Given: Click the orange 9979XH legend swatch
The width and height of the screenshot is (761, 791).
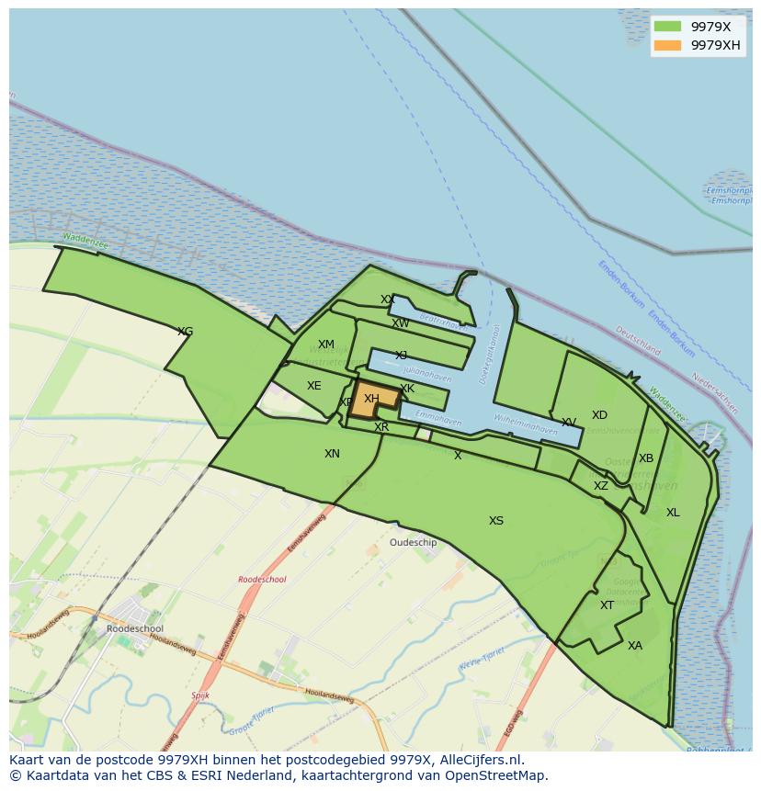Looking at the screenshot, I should pyautogui.click(x=668, y=45).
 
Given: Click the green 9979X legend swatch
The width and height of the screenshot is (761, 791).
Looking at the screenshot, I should pyautogui.click(x=668, y=27).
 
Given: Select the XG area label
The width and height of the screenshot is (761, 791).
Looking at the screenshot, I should pyautogui.click(x=185, y=332).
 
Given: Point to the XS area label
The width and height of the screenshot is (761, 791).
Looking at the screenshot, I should pyautogui.click(x=496, y=521).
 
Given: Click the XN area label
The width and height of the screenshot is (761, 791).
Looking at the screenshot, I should pyautogui.click(x=332, y=454).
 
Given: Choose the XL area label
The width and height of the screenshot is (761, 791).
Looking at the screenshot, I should pyautogui.click(x=673, y=513).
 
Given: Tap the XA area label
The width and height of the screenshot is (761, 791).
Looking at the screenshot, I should pyautogui.click(x=635, y=646).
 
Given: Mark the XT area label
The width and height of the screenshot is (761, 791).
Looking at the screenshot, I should pyautogui.click(x=607, y=605).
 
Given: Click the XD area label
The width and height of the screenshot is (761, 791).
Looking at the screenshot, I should pyautogui.click(x=599, y=415).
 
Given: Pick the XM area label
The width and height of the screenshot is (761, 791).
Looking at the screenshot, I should pyautogui.click(x=326, y=345).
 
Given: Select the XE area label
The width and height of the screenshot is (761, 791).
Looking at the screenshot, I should pyautogui.click(x=314, y=386).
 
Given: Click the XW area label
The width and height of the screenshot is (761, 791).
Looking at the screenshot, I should pyautogui.click(x=401, y=323).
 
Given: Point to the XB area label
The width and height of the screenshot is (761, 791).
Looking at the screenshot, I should pyautogui.click(x=646, y=458).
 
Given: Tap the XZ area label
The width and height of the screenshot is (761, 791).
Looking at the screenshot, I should pyautogui.click(x=600, y=486).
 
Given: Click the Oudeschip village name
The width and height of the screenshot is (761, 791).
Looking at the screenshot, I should pyautogui.click(x=414, y=543).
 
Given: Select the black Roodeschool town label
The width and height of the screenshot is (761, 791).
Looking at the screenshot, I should pyautogui.click(x=135, y=629).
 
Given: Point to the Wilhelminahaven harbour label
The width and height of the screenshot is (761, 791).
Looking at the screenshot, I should pyautogui.click(x=526, y=424).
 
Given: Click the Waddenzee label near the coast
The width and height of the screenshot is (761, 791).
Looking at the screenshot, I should pyautogui.click(x=85, y=240).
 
